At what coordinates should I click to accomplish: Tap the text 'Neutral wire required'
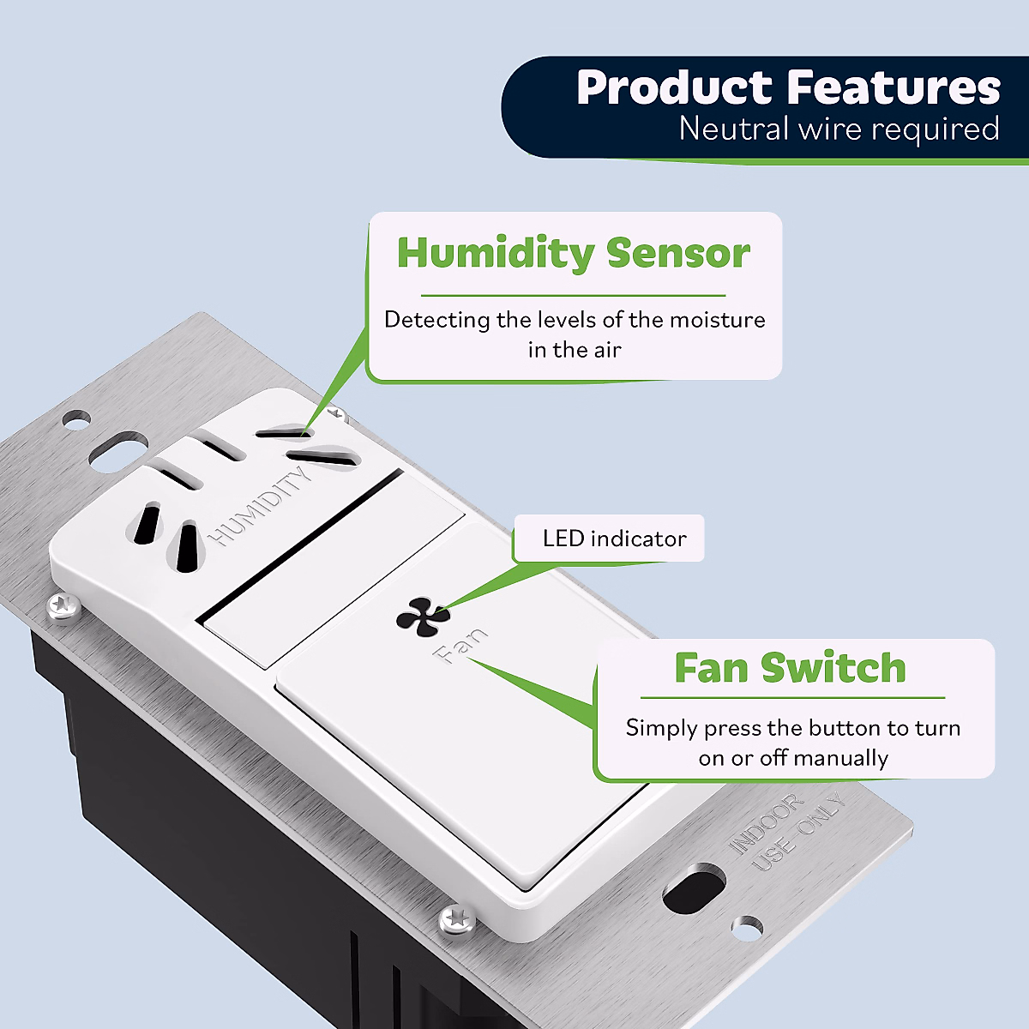click(839, 129)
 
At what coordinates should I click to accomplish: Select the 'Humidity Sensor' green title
click(573, 253)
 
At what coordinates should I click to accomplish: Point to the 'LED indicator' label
click(614, 539)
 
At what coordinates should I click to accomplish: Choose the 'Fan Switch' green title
click(790, 668)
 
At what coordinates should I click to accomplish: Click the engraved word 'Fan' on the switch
click(462, 646)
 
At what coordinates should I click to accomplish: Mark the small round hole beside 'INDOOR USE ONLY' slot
click(748, 927)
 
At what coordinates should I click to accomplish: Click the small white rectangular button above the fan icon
click(334, 566)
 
